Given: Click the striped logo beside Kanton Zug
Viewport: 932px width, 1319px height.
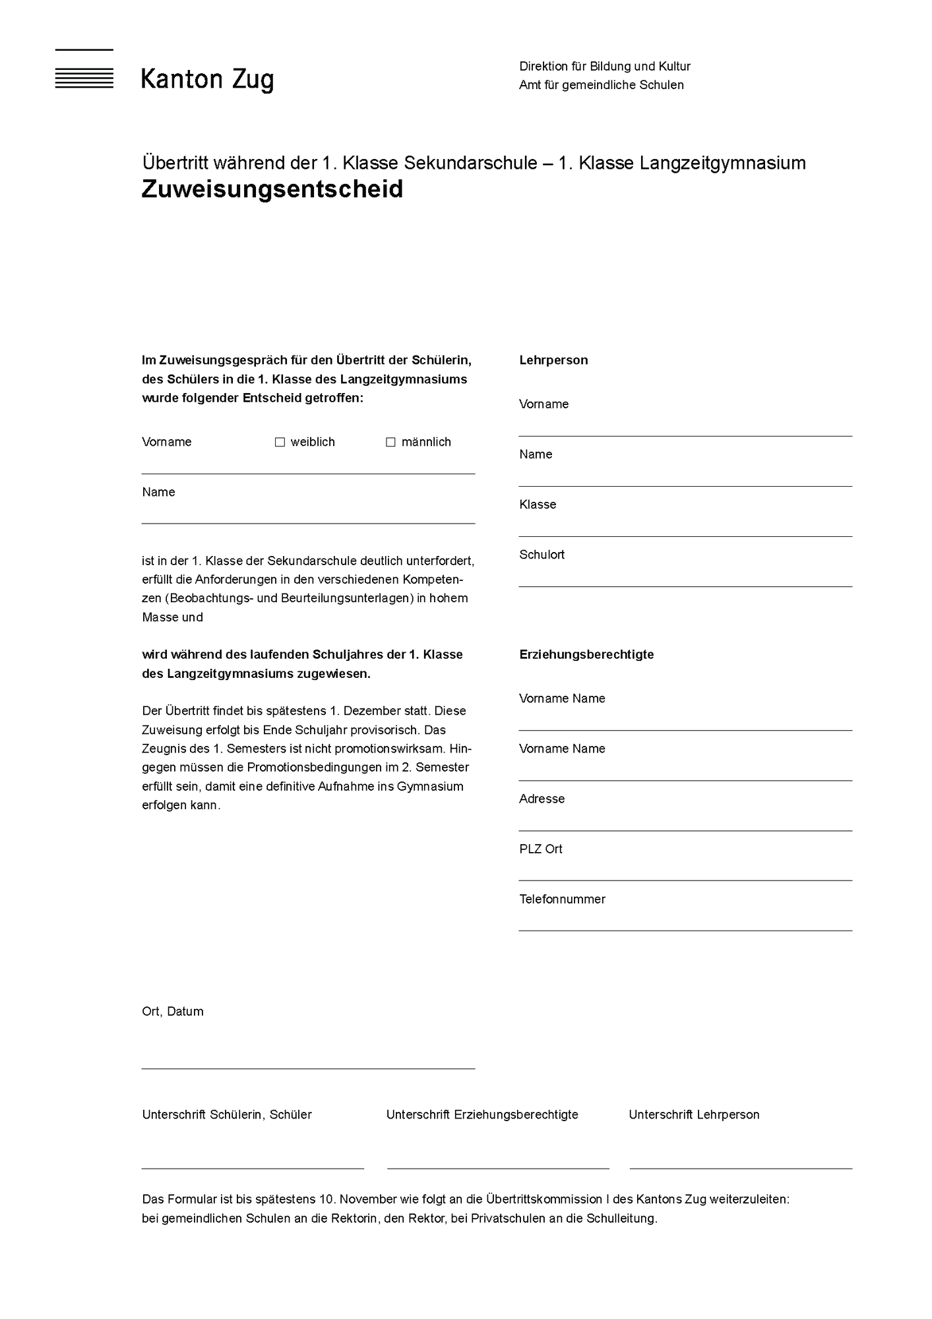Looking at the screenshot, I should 84,69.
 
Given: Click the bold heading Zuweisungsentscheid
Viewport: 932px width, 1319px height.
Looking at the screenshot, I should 272,189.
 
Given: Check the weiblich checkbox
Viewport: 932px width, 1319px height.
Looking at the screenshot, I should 280,442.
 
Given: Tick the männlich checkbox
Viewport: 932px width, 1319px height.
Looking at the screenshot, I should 390,442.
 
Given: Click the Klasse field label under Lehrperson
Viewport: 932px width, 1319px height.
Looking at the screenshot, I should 538,505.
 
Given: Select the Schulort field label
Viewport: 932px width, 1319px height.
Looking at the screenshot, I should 542,555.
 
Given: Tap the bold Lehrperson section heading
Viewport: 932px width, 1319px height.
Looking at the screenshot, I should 553,360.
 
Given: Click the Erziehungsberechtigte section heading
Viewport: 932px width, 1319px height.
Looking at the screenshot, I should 586,654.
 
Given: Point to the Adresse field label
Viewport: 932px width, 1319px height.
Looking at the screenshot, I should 542,799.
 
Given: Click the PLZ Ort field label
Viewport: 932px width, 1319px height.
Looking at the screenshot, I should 541,849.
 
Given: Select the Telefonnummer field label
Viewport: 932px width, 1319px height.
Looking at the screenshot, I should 562,899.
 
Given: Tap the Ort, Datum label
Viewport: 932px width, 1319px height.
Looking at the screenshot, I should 173,1011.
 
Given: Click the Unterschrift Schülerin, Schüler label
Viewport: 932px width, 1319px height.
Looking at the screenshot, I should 227,1115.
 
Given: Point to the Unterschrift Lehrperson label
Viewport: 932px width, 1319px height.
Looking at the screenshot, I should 694,1115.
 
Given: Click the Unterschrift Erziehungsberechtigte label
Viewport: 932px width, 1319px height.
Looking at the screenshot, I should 482,1115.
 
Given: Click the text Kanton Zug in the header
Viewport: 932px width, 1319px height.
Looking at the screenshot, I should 207,80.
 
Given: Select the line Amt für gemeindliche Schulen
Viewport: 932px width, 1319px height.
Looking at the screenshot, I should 601,85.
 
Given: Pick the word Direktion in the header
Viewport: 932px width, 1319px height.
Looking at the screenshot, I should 543,67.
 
